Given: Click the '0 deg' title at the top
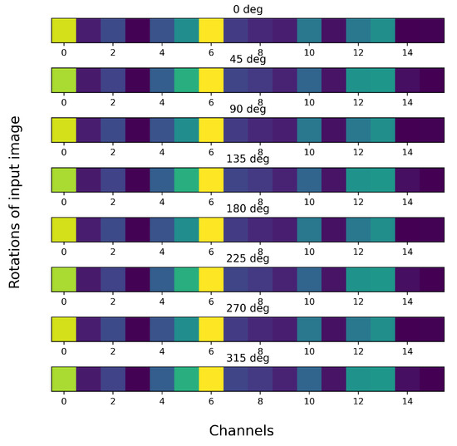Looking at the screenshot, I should pyautogui.click(x=248, y=9).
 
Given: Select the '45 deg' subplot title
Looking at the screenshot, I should pyautogui.click(x=248, y=59).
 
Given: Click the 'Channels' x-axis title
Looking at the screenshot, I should pyautogui.click(x=241, y=430).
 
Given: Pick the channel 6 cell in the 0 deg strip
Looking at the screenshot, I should pyautogui.click(x=211, y=30).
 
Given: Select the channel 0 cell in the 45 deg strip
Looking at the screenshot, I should pyautogui.click(x=64, y=80).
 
